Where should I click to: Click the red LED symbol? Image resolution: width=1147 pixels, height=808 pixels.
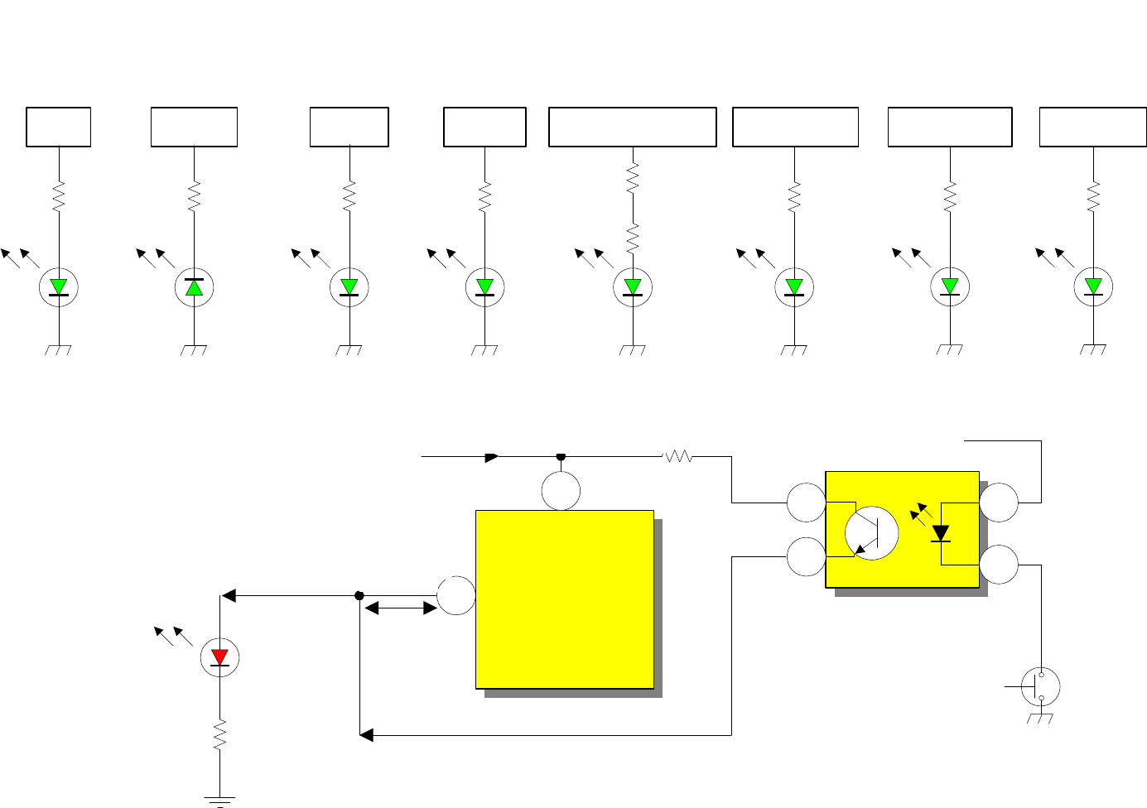pos(219,658)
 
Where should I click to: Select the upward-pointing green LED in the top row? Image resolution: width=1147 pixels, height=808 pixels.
pos(194,287)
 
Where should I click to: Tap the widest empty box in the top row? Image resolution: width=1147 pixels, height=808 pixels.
pos(633,127)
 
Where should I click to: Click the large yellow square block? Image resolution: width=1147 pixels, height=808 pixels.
pos(565,599)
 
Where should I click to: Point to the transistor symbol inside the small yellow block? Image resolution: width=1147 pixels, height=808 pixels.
pos(871,533)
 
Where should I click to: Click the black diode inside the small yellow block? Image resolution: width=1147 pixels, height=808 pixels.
pos(941,533)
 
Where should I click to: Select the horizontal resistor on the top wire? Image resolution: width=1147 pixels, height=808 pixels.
pos(678,456)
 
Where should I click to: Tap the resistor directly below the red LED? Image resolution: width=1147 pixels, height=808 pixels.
pos(219,734)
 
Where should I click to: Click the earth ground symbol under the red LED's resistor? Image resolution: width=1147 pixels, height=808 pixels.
pos(219,801)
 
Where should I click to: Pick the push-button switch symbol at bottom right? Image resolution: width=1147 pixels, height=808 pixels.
pos(1040,686)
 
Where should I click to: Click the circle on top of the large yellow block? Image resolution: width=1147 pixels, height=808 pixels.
pos(561,491)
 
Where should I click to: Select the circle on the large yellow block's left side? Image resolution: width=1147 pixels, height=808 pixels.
pos(456,595)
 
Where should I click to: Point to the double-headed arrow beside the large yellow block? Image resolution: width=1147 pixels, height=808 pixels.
pos(401,608)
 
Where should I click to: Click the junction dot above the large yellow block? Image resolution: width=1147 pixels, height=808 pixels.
pos(561,456)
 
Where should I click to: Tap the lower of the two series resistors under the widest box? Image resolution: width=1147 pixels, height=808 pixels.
pos(633,238)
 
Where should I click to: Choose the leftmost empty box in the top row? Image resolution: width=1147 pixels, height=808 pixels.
pos(59,127)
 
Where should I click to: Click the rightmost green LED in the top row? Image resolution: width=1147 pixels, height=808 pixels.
pos(1093,287)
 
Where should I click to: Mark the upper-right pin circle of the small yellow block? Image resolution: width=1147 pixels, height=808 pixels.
pos(999,503)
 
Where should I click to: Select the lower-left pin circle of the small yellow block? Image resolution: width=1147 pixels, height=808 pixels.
pos(806,557)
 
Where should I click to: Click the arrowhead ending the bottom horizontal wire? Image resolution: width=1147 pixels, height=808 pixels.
pos(366,735)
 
